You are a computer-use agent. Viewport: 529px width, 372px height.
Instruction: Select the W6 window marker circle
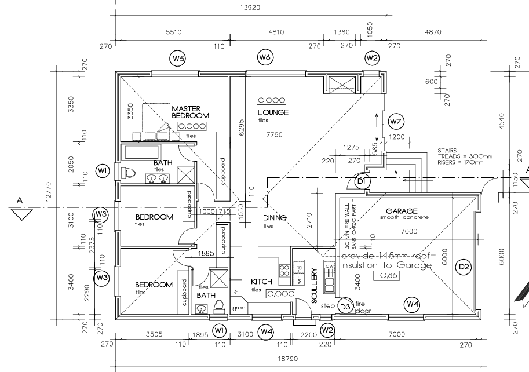265,57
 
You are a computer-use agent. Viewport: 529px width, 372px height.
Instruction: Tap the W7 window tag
396,122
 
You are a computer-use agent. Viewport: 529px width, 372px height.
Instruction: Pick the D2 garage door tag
464,267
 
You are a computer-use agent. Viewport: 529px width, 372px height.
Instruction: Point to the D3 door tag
345,305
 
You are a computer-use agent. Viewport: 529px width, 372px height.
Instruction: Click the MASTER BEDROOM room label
190,112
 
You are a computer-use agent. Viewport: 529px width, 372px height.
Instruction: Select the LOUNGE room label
273,112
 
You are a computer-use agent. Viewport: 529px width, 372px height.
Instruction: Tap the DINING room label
275,218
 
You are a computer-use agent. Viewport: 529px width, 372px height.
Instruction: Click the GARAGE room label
402,211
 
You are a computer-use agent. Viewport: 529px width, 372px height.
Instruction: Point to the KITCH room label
261,282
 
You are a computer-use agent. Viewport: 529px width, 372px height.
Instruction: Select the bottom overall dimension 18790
287,359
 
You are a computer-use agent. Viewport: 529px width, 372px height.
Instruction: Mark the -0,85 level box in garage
385,276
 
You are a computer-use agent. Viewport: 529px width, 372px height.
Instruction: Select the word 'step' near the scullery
329,305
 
